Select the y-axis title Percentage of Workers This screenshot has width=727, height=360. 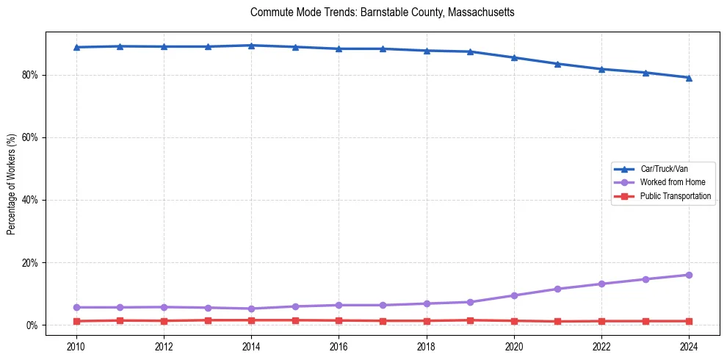pyautogui.click(x=11, y=184)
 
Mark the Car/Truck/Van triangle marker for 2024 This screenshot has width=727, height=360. pyautogui.click(x=689, y=77)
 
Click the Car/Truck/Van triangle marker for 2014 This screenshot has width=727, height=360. pyautogui.click(x=251, y=46)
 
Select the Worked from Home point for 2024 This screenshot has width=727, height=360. pyautogui.click(x=689, y=275)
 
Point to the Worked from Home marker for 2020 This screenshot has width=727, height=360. pyautogui.click(x=514, y=295)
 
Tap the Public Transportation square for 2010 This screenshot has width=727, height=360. pyautogui.click(x=76, y=321)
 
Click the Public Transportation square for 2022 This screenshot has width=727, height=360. pyautogui.click(x=601, y=321)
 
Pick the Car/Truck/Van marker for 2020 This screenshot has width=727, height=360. pyautogui.click(x=514, y=57)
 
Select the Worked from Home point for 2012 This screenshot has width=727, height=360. pyautogui.click(x=164, y=307)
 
